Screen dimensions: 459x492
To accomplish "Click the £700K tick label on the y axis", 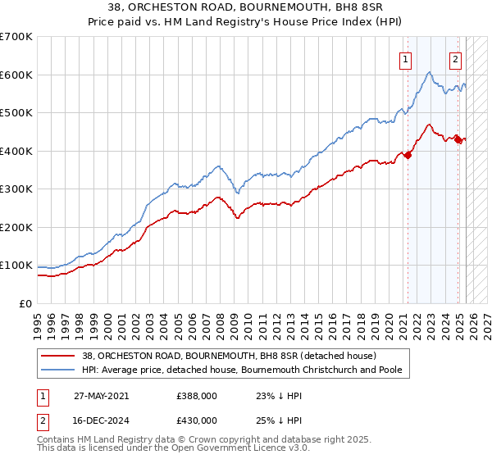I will point(16,37).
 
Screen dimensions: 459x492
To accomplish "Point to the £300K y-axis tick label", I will point(16,189).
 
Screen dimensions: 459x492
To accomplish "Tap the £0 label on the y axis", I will point(26,303).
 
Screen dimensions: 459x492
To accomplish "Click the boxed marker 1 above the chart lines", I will point(406,58).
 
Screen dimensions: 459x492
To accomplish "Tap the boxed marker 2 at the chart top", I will point(455,58).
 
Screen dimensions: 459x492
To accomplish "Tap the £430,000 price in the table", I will point(197,420).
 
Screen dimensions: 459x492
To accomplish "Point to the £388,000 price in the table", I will point(197,395).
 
